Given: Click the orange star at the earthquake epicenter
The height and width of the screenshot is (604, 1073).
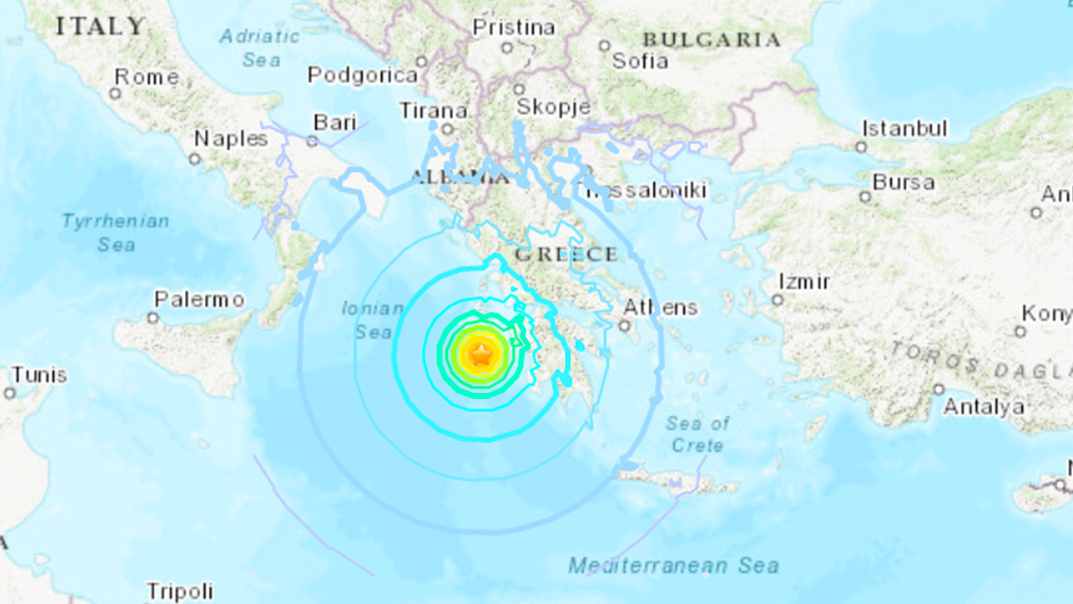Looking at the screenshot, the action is (x=481, y=356).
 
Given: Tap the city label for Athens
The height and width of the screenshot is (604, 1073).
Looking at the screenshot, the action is (x=661, y=308).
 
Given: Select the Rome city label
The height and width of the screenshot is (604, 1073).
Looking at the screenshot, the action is (x=146, y=78).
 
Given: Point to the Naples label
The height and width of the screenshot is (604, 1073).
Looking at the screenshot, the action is (x=231, y=139).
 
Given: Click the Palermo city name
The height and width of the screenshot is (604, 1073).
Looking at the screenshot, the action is (x=199, y=300).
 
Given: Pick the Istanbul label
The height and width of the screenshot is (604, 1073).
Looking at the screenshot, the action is (x=905, y=128).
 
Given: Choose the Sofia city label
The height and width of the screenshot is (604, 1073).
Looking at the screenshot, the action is (x=640, y=62).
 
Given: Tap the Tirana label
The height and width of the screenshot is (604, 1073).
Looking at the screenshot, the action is (x=434, y=110).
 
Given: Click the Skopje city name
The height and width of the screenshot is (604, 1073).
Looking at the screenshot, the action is (x=552, y=106).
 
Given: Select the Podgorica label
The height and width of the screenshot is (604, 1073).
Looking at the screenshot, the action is (x=363, y=75).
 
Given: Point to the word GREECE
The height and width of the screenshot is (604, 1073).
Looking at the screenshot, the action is (x=566, y=255).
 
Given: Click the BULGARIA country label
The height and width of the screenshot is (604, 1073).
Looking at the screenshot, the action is (x=711, y=40).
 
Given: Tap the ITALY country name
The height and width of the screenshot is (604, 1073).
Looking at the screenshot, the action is (x=101, y=27).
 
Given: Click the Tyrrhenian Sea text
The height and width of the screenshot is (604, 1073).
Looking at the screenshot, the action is (x=116, y=233).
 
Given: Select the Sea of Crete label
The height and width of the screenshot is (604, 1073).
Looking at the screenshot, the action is (x=697, y=434).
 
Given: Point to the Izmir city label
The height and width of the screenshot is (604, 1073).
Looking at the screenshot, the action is (x=804, y=282).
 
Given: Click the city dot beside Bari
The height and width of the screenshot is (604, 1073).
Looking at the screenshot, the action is (x=312, y=141).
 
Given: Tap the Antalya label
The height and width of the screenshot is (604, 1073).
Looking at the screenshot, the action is (x=984, y=407).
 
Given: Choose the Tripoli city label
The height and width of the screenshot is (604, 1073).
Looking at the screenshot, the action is (x=179, y=590).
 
